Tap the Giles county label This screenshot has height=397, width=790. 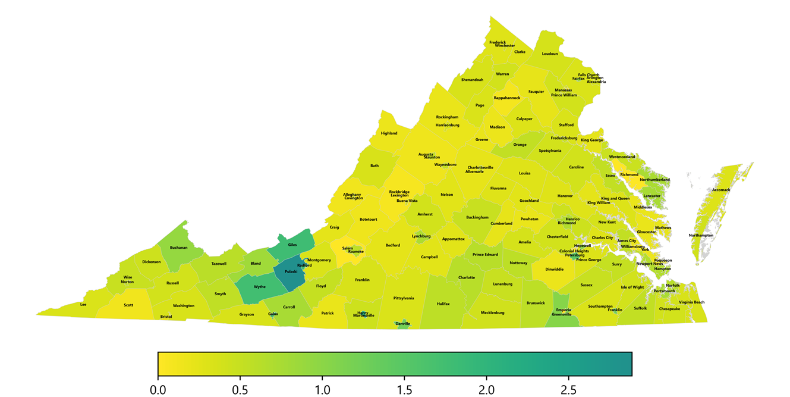(292, 245)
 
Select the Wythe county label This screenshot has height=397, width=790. (260, 287)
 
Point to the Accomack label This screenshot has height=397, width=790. (721, 190)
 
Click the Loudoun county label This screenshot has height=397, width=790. (550, 54)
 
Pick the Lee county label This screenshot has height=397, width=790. (83, 305)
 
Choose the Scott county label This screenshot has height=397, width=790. (128, 305)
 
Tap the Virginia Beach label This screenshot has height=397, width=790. (691, 302)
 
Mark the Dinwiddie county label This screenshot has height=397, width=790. (555, 269)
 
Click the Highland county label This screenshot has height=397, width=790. (389, 133)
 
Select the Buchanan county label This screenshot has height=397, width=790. (178, 248)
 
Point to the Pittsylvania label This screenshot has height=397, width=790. (404, 298)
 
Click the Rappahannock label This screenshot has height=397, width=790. (507, 98)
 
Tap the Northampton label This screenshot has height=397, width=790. (701, 235)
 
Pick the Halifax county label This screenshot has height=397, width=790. (443, 304)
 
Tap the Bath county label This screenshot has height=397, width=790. (374, 166)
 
